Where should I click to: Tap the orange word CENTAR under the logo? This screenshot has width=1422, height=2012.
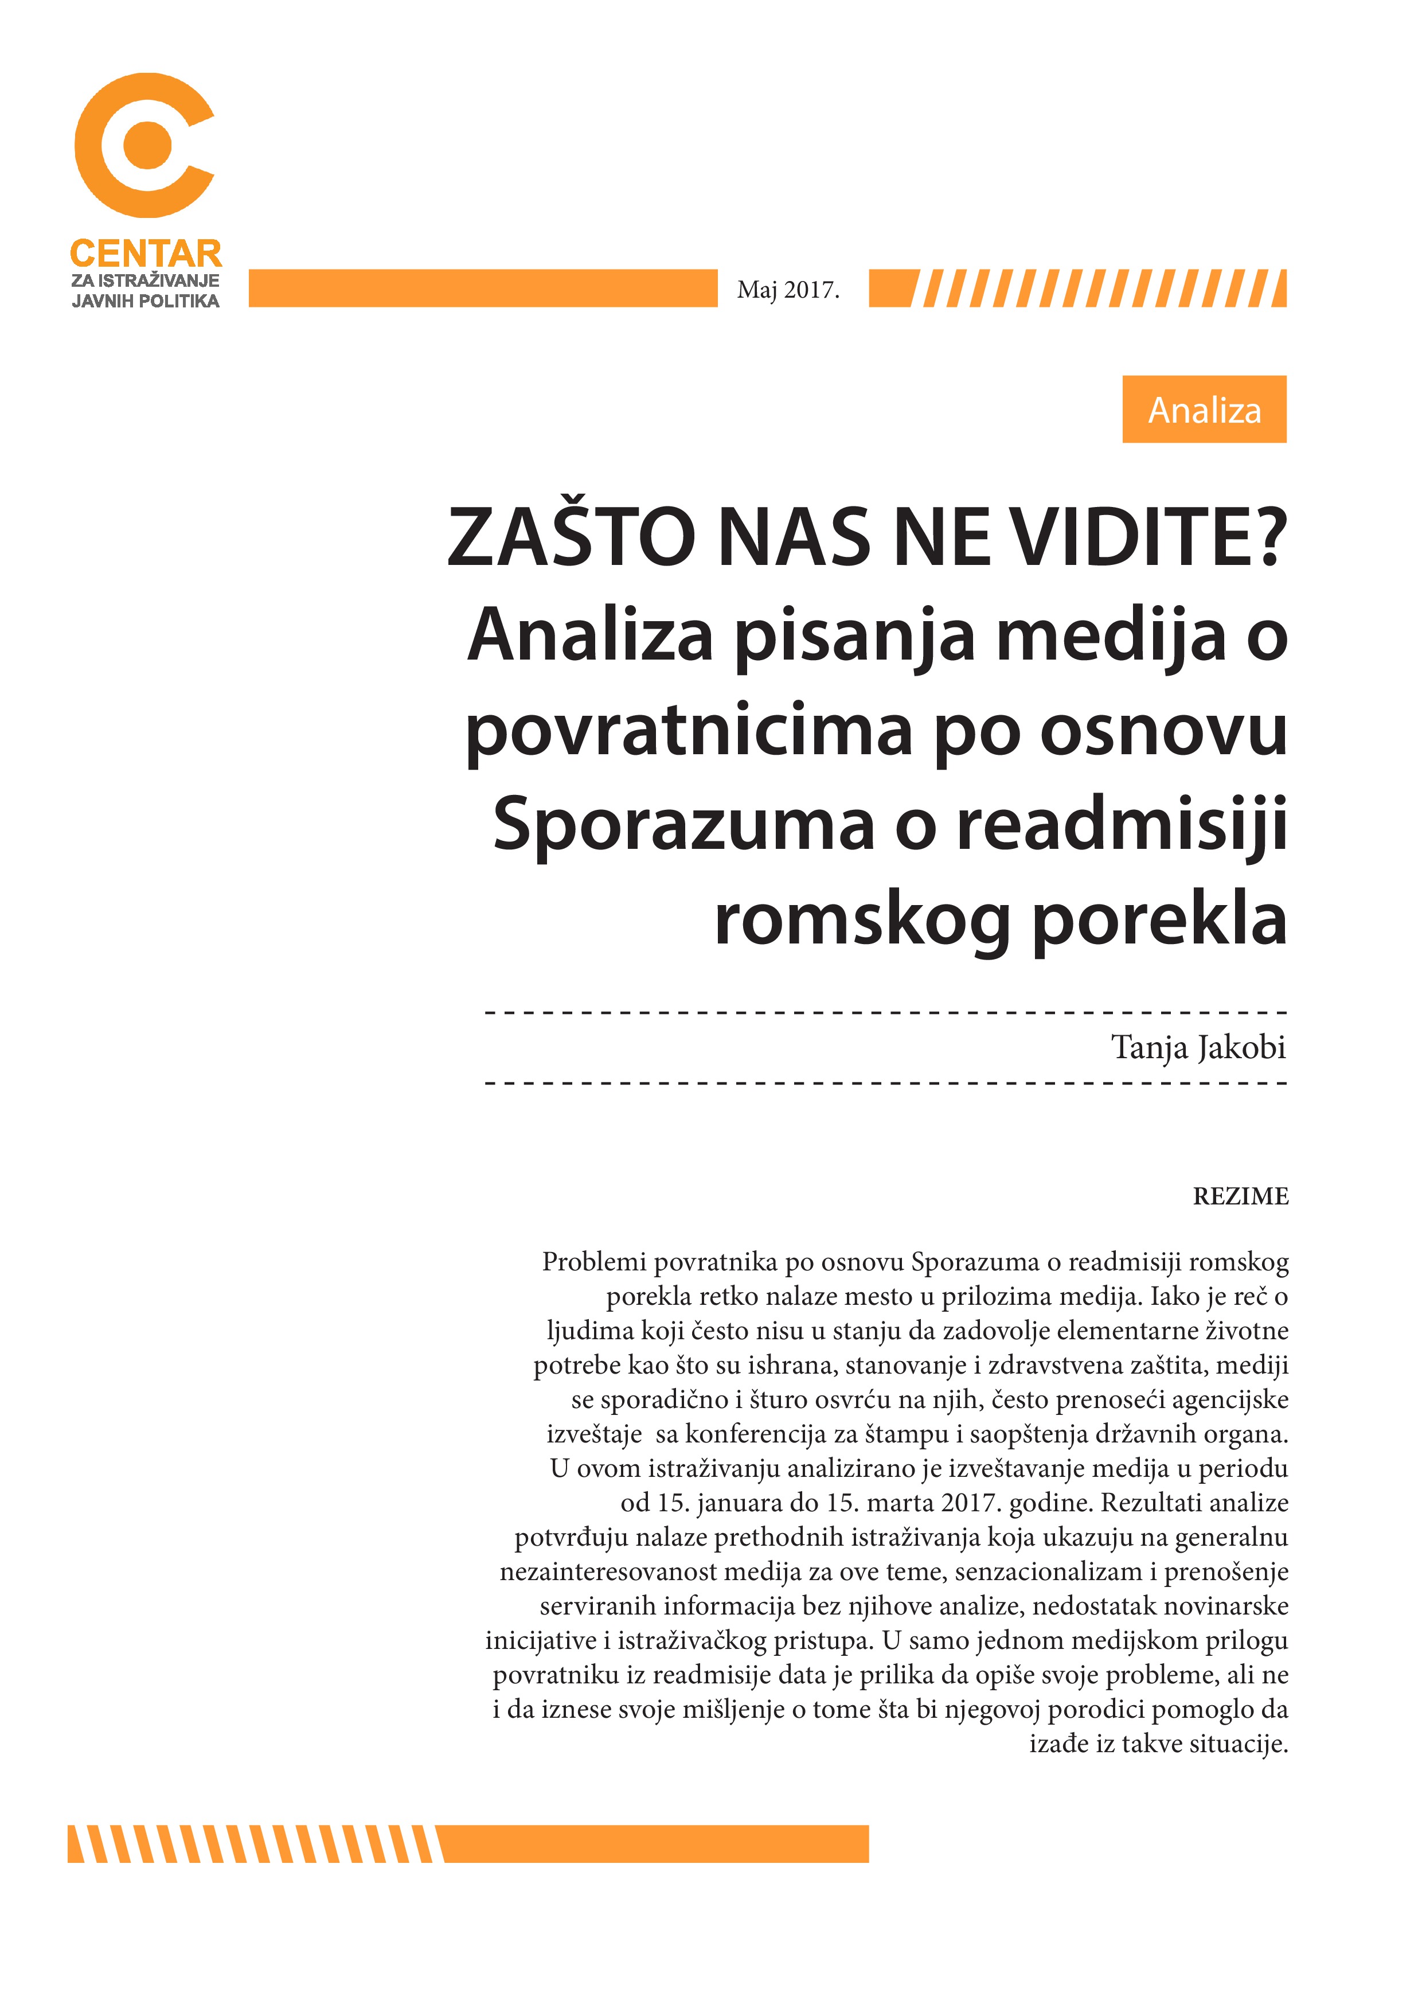click(x=146, y=254)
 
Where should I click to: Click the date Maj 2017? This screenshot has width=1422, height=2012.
click(x=788, y=290)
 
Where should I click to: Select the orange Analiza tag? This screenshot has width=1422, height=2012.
click(x=1204, y=410)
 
